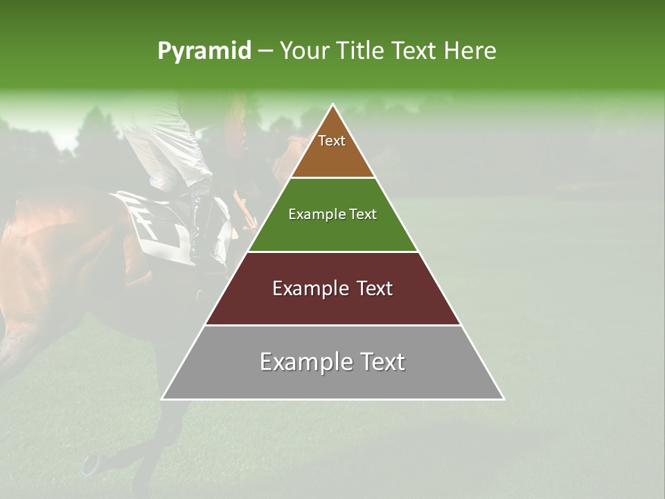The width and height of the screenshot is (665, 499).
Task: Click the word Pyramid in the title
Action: pyautogui.click(x=204, y=51)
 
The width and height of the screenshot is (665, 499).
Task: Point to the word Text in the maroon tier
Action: pyautogui.click(x=375, y=288)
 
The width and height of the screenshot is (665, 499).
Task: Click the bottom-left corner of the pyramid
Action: pyautogui.click(x=162, y=399)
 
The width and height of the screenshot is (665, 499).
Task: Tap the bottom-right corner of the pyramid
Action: pyautogui.click(x=504, y=399)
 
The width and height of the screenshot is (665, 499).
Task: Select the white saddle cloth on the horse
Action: pyautogui.click(x=156, y=225)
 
